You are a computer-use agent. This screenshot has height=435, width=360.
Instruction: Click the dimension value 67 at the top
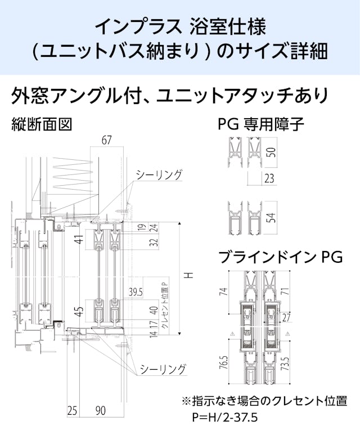pyautogui.click(x=106, y=140)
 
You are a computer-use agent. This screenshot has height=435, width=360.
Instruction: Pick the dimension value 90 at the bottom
pyautogui.click(x=100, y=411)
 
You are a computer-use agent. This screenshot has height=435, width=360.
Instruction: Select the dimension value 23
pyautogui.click(x=269, y=180)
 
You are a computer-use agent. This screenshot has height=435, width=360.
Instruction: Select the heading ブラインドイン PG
pyautogui.click(x=280, y=257)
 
